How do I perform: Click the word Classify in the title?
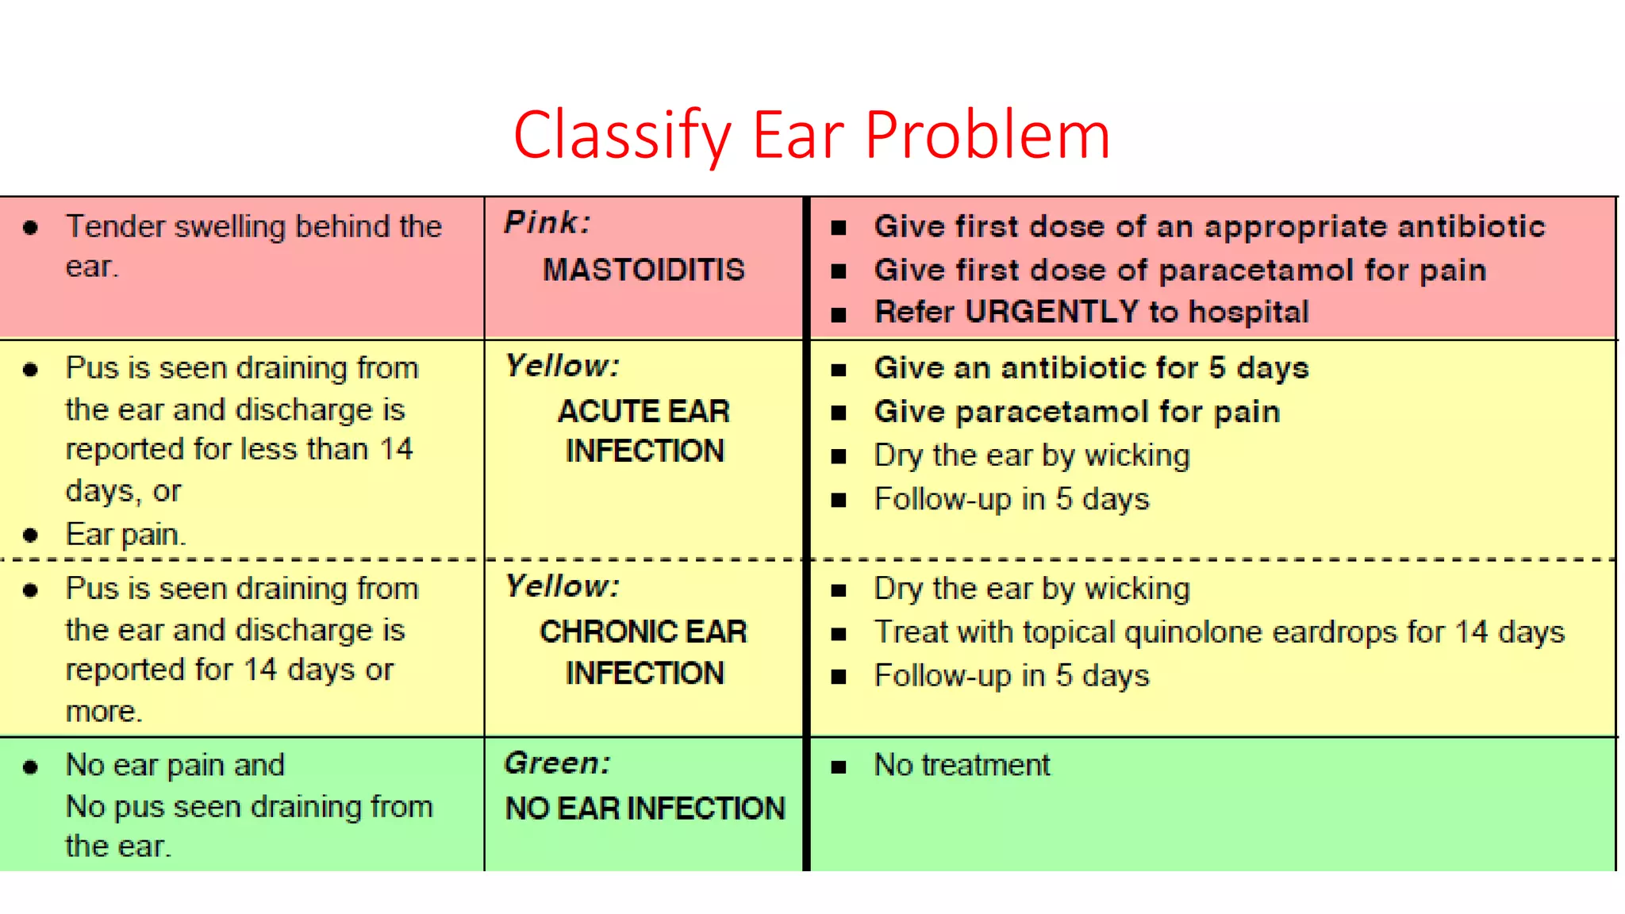[621, 136]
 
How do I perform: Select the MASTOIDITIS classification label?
[643, 271]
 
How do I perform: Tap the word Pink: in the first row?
[547, 223]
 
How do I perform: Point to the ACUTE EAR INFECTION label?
[643, 431]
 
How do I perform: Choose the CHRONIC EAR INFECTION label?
[643, 652]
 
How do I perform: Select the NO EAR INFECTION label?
[645, 808]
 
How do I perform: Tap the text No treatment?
[962, 766]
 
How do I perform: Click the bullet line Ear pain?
[125, 535]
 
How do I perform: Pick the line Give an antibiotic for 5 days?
[1091, 369]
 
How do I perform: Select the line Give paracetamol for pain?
[1077, 413]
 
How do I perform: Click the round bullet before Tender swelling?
[31, 228]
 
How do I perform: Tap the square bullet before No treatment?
[839, 767]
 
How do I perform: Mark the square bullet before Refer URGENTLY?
[839, 315]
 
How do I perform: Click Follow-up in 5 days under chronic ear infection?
[1011, 676]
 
